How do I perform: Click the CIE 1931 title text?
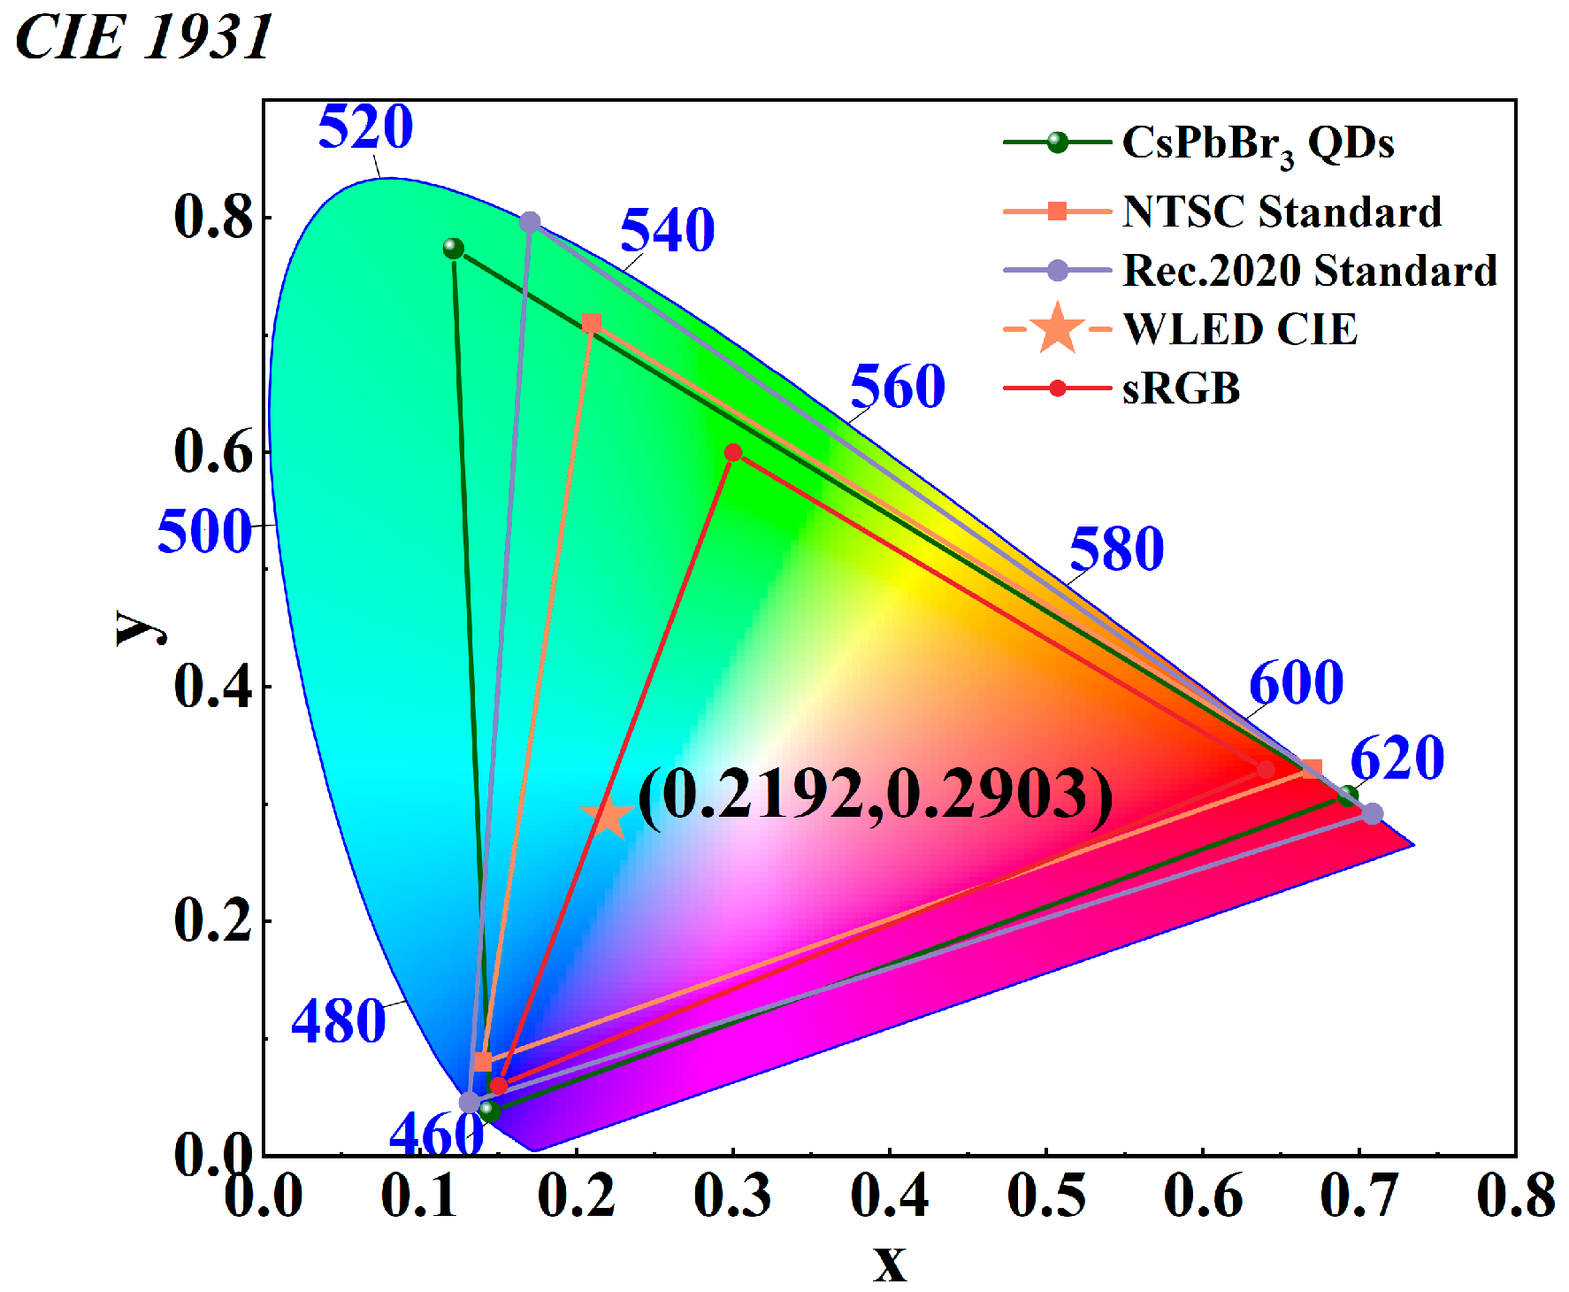[x=143, y=38]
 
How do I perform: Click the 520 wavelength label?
[x=365, y=127]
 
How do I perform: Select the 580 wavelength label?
[x=1116, y=549]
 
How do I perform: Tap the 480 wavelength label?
[x=338, y=1021]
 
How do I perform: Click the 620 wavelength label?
[x=1397, y=758]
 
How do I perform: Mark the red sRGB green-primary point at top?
[x=733, y=453]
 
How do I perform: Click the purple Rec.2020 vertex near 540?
[x=530, y=222]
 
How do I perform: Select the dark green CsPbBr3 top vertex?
[x=454, y=249]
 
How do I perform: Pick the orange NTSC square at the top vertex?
[x=592, y=323]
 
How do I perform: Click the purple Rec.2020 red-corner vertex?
[x=1372, y=813]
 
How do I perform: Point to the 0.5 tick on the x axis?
[x=1045, y=1195]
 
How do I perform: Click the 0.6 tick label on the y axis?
[x=213, y=450]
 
